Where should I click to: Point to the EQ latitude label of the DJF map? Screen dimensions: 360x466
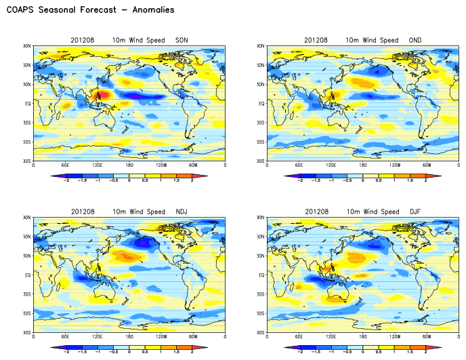click(x=260, y=275)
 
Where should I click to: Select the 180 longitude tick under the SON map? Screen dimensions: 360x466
click(x=129, y=165)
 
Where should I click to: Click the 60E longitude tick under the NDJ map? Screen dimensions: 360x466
click(x=65, y=337)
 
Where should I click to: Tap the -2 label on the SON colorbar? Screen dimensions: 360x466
click(x=66, y=181)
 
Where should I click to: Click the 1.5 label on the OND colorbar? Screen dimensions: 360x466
click(x=410, y=181)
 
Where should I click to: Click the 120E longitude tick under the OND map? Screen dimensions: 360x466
click(x=331, y=165)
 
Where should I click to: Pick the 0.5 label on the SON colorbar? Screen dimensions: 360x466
click(x=145, y=181)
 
